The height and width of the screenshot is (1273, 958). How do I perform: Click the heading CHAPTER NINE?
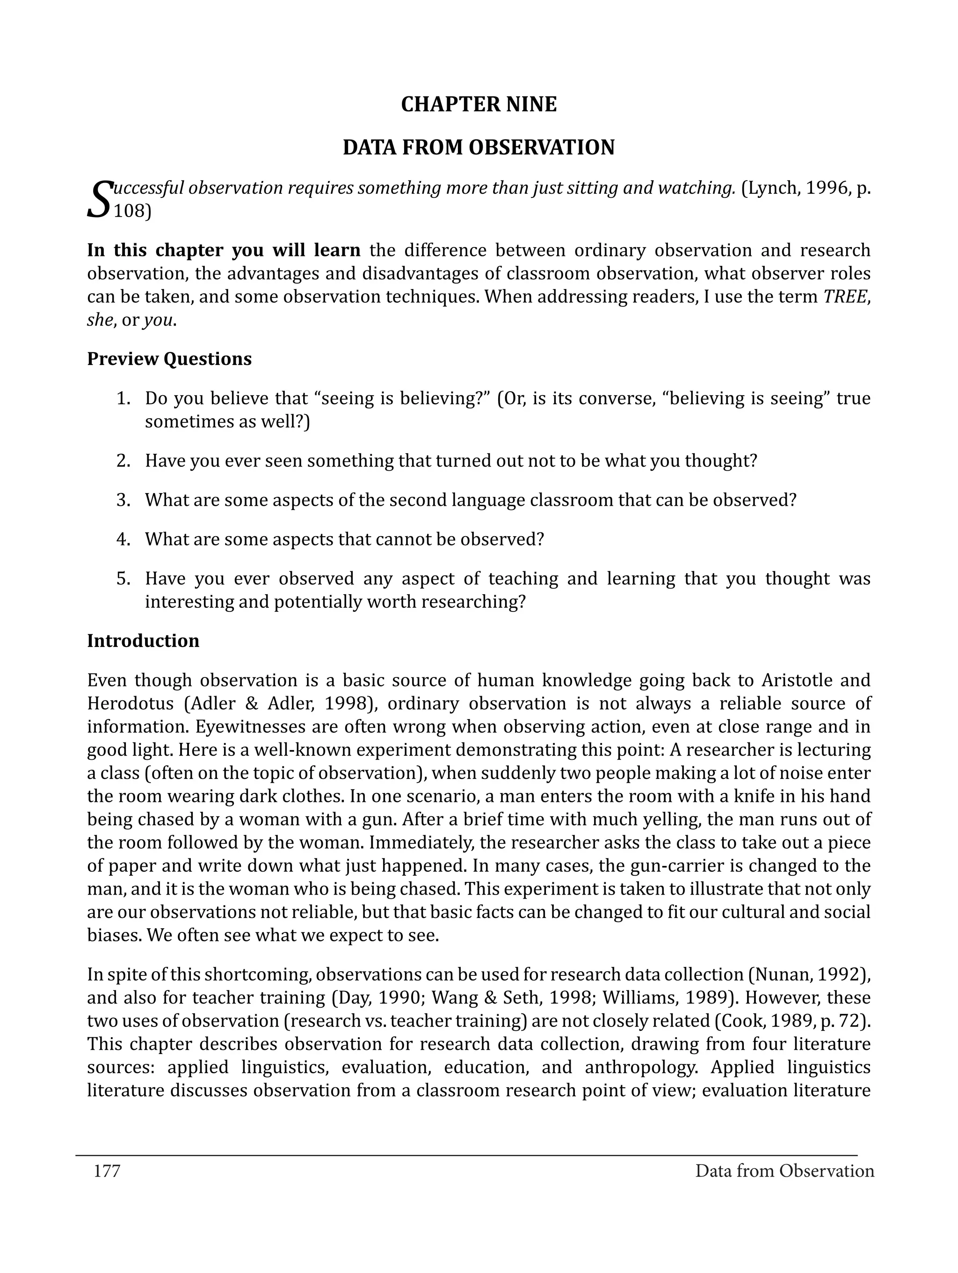478,105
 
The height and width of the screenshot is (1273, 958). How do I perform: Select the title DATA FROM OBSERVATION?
478,148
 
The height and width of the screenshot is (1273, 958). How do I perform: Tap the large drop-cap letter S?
98,199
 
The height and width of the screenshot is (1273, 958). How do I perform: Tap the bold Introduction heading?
143,641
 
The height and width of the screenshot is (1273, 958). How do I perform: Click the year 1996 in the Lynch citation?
826,188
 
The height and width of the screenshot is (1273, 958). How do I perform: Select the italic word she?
100,320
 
